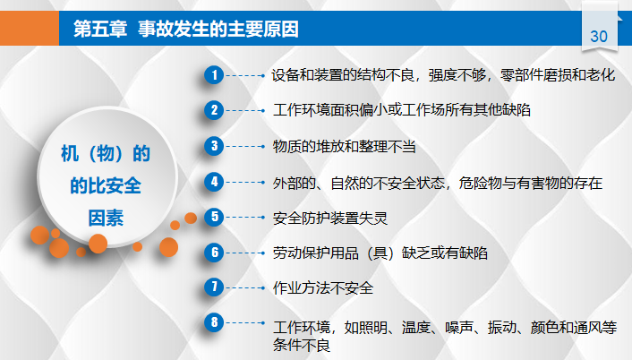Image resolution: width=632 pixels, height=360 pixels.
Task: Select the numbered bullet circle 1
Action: (x=213, y=74)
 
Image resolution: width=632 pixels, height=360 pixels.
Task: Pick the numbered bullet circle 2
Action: (x=213, y=110)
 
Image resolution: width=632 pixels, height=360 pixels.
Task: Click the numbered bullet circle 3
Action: (x=213, y=145)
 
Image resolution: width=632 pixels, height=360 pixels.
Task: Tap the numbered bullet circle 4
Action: (x=213, y=181)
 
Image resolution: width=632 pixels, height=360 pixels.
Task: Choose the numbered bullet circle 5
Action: (x=213, y=217)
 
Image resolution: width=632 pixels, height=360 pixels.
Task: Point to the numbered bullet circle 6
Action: (x=213, y=253)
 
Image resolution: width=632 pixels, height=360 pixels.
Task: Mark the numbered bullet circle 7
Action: (x=213, y=287)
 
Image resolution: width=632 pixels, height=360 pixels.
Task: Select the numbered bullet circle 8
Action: (x=213, y=322)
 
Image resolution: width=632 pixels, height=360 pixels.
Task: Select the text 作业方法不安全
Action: (x=322, y=288)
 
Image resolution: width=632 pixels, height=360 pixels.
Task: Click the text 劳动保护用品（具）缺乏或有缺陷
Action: (x=380, y=253)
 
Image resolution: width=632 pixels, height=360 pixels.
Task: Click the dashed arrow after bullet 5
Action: (x=245, y=217)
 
